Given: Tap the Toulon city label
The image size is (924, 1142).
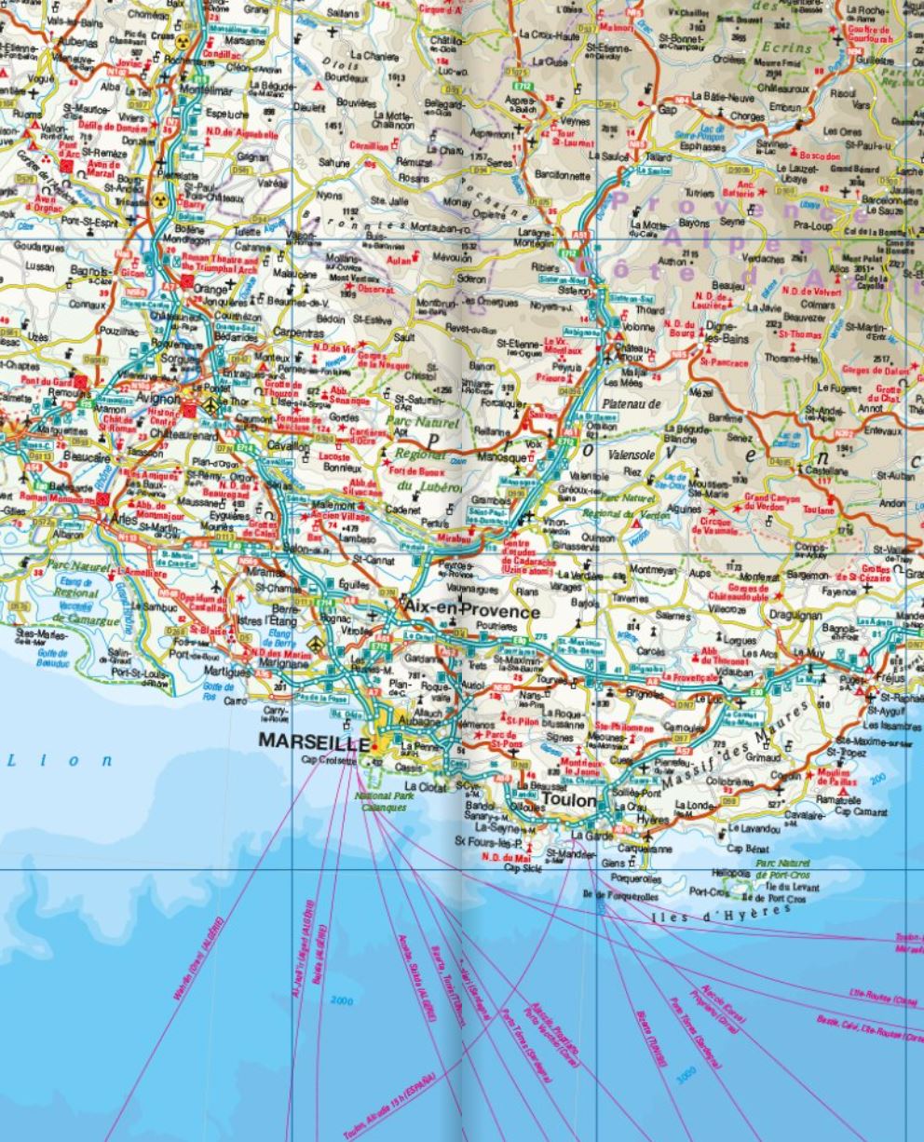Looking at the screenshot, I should pos(568,800).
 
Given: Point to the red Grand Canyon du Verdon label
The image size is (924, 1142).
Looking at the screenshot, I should pos(773,504).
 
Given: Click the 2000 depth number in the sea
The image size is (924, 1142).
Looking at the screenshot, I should pos(342,1001).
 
